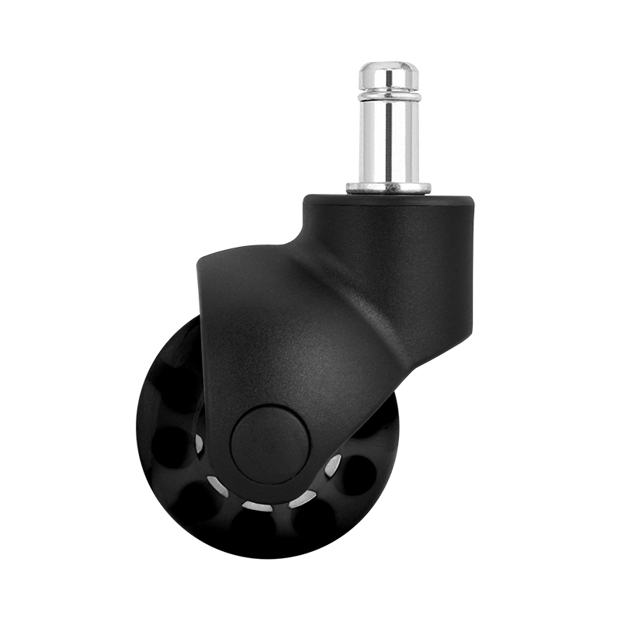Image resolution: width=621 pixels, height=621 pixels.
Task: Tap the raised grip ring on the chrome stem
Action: (x=388, y=96)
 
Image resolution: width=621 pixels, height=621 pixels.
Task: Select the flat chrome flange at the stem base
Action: (x=388, y=187)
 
